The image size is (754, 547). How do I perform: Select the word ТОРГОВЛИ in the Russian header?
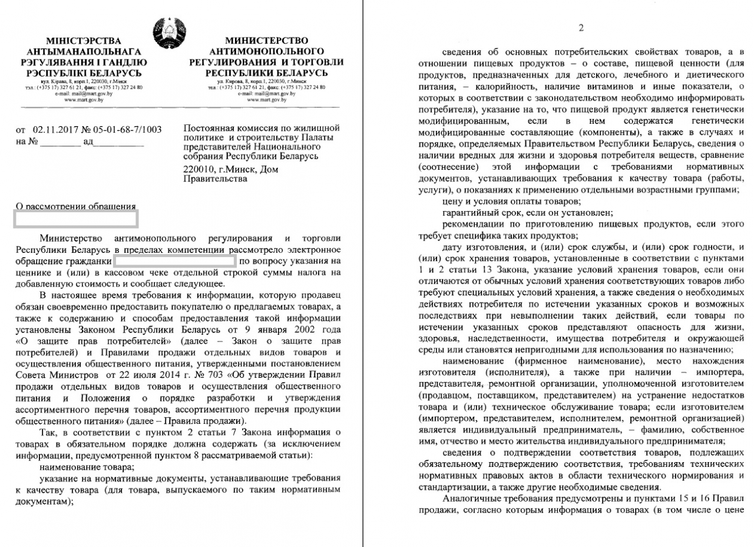315,62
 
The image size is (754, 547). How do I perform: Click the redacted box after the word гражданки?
174,260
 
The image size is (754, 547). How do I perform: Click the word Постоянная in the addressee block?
207,128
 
